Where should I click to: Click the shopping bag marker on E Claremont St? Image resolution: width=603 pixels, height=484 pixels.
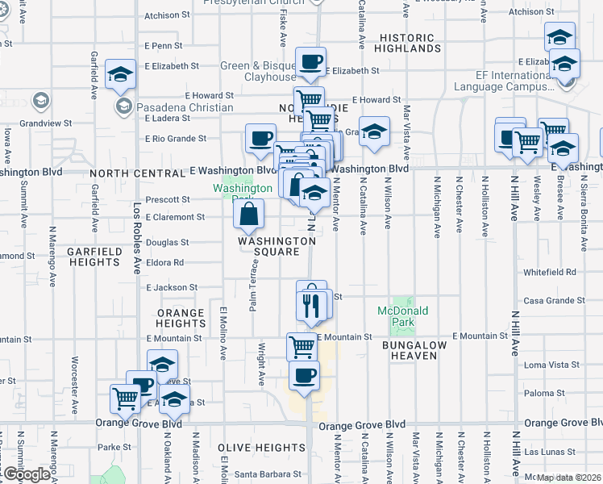[x=249, y=214]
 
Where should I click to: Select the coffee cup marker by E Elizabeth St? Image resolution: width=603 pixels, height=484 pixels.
[x=310, y=61]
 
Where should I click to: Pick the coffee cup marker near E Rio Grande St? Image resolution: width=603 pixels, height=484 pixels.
[x=260, y=139]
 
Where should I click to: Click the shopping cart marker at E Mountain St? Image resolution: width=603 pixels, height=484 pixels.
[x=301, y=348]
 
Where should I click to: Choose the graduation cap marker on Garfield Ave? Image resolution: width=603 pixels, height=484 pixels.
[x=120, y=76]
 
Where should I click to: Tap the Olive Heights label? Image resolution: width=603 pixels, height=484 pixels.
[x=261, y=448]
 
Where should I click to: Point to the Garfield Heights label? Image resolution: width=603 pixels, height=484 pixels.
[x=94, y=257]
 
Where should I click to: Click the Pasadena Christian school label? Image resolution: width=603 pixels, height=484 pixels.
[x=185, y=107]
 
